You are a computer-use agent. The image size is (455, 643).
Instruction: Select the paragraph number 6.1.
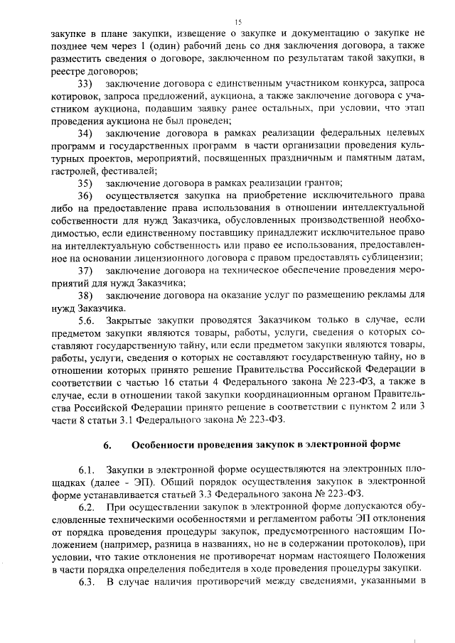(x=86, y=470)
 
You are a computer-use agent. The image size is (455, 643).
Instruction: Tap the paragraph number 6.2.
(x=86, y=507)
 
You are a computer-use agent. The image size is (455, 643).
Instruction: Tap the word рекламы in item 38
(x=390, y=295)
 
